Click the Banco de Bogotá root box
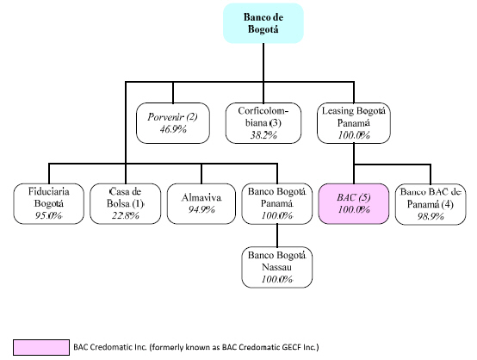(x=263, y=23)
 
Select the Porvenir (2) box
(x=173, y=123)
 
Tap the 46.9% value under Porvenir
(x=173, y=129)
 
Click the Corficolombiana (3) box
(x=263, y=123)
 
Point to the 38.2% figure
(x=263, y=135)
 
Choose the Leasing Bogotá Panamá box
(x=354, y=123)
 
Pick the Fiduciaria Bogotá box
(x=49, y=203)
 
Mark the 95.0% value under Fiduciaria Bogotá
(x=49, y=215)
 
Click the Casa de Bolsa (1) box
(x=126, y=203)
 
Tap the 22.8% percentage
(x=126, y=215)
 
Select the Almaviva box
(x=201, y=203)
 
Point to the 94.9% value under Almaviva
(x=201, y=209)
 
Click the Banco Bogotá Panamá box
(x=277, y=203)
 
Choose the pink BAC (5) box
(x=354, y=203)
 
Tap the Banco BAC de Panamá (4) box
(x=431, y=204)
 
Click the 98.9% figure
(x=431, y=216)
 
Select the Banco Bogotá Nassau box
(x=277, y=267)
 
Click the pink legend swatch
(x=41, y=347)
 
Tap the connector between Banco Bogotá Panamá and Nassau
(x=277, y=235)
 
